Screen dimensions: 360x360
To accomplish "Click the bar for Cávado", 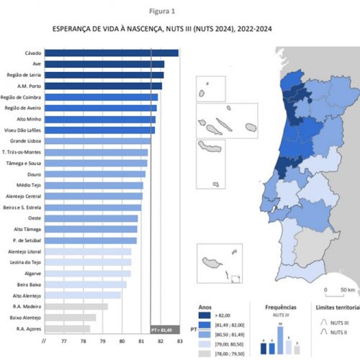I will coord(112,53).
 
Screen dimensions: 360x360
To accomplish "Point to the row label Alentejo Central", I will coord(24,196).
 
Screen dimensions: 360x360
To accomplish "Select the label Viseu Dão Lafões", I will coord(24,130).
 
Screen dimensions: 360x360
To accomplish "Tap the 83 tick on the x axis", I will coord(179,341).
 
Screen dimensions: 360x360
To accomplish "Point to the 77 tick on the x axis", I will coord(64,341).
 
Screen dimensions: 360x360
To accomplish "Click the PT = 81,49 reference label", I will coord(163,329).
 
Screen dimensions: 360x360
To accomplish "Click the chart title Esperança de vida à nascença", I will coord(162,31).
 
